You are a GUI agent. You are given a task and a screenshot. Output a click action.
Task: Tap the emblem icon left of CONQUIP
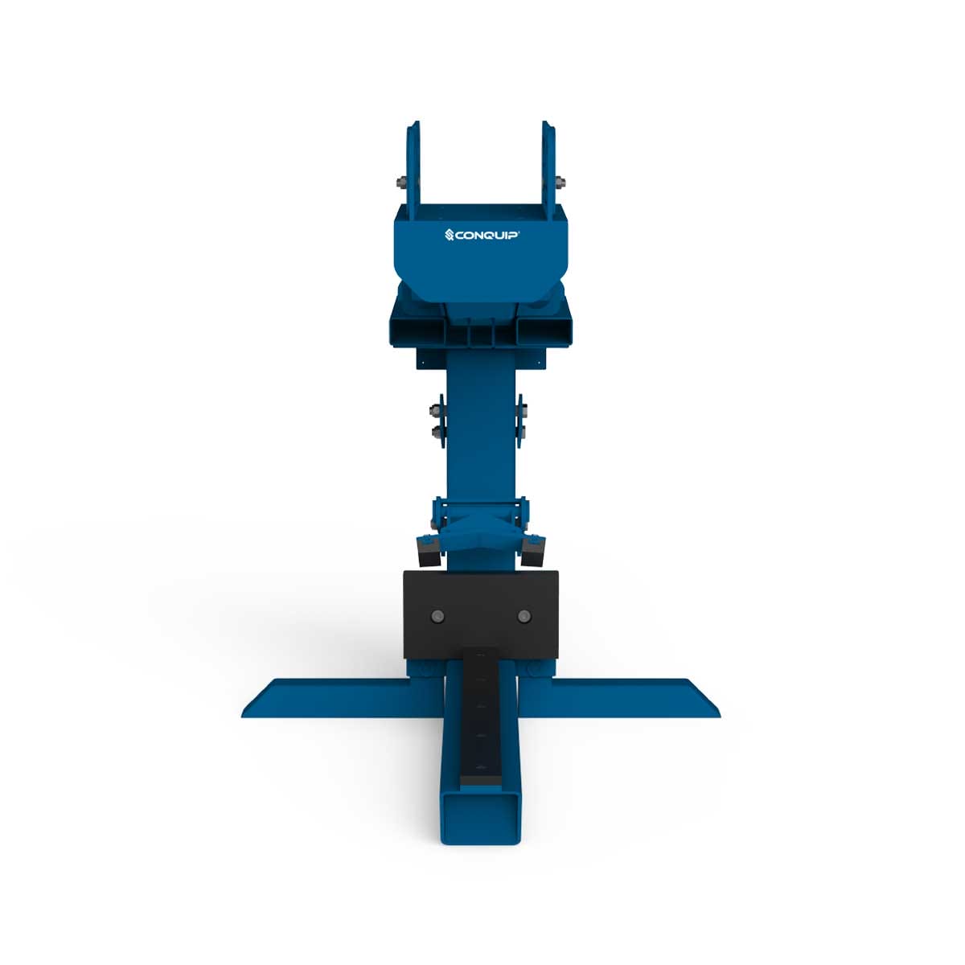coord(450,236)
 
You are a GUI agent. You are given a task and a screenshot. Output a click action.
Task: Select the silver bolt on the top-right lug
coord(561,181)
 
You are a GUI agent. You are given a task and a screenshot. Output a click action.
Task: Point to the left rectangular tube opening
coord(416,330)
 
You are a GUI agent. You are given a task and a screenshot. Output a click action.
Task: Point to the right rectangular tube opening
coord(544,330)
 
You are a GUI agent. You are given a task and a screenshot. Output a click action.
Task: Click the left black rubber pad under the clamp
coord(426,552)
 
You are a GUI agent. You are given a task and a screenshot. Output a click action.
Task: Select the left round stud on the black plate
coord(437,617)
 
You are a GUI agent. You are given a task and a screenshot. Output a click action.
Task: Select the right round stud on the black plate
coord(524,617)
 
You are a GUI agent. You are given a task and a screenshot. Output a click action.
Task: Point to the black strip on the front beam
coord(480,716)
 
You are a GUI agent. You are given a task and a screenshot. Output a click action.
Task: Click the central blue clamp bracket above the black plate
coord(480,527)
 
